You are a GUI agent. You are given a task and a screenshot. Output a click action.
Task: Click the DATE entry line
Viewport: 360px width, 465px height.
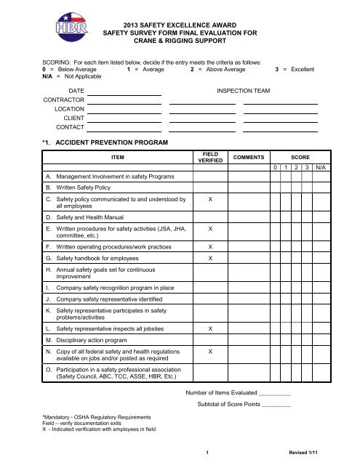[125, 94]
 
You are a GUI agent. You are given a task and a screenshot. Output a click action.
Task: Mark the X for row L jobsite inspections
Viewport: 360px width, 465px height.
[210, 329]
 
